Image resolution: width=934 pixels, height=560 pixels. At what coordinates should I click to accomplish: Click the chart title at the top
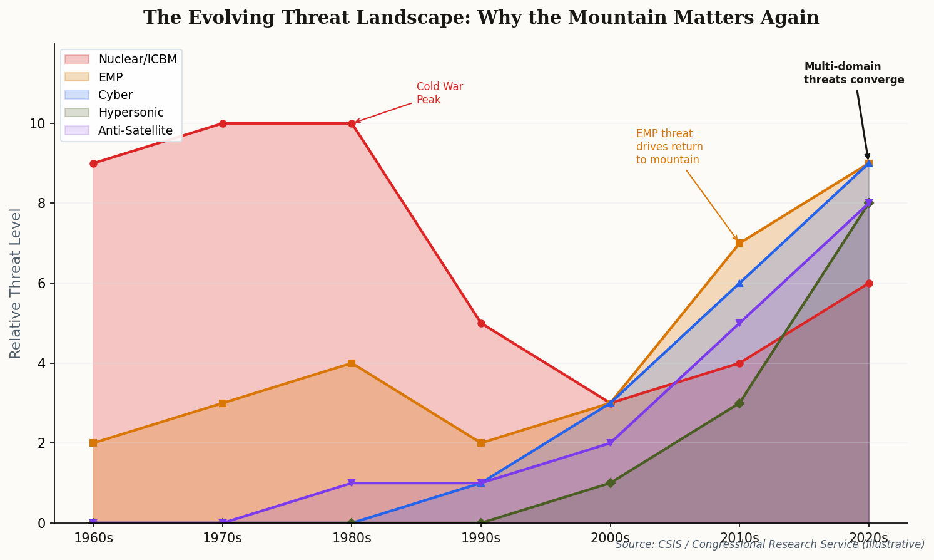click(x=480, y=18)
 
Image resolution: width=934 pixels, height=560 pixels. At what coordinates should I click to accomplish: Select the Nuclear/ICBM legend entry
click(x=137, y=60)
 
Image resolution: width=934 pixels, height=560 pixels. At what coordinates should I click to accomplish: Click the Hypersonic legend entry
click(x=131, y=113)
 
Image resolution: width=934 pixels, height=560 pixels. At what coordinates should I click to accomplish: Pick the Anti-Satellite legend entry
click(x=135, y=131)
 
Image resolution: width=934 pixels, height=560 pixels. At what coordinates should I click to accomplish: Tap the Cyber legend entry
click(x=115, y=95)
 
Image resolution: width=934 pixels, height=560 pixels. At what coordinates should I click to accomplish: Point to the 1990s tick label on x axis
click(x=480, y=538)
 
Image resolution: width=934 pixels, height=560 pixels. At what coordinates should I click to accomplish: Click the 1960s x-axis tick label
click(x=93, y=538)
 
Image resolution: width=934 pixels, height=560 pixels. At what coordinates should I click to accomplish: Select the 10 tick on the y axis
click(x=38, y=124)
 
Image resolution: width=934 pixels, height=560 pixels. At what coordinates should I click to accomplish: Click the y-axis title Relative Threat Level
click(x=16, y=283)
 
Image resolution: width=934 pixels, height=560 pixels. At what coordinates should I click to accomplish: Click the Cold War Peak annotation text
click(x=439, y=93)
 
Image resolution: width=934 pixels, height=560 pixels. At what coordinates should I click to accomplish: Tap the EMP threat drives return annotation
click(x=669, y=147)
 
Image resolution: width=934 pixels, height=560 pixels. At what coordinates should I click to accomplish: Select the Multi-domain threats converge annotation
click(x=853, y=73)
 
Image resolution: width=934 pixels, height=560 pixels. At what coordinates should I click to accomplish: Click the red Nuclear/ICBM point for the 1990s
click(x=481, y=324)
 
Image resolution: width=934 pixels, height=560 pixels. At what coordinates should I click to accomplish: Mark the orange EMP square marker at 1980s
click(x=352, y=363)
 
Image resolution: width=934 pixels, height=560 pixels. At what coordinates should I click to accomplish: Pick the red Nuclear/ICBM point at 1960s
click(x=93, y=163)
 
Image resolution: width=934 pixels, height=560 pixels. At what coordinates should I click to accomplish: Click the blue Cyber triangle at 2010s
click(x=739, y=283)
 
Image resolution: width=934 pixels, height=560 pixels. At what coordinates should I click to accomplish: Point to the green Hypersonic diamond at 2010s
click(x=739, y=403)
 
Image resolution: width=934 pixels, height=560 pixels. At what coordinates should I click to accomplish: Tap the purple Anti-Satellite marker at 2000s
click(x=610, y=443)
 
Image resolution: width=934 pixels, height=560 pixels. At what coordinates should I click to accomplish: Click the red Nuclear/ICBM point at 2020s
click(x=869, y=283)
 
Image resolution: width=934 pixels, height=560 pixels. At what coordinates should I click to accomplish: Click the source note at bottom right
click(x=769, y=545)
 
